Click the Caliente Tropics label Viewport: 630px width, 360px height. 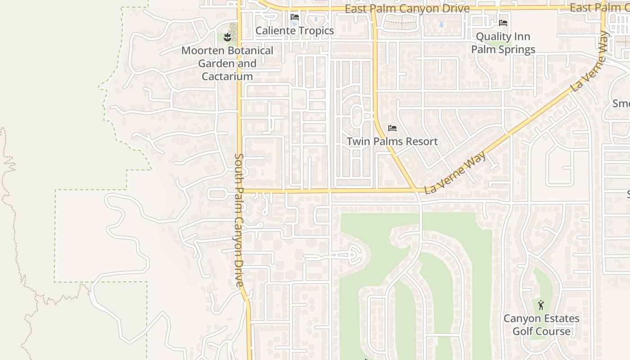pos(294,31)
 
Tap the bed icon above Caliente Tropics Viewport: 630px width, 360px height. pos(295,17)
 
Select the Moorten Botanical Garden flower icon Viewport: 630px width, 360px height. pos(227,37)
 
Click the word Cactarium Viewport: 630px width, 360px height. pos(227,76)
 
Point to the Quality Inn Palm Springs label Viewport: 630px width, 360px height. pos(503,43)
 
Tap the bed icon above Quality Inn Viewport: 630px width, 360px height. pos(503,22)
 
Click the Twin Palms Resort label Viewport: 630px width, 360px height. pos(392,141)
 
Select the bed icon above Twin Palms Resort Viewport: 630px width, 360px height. pos(392,128)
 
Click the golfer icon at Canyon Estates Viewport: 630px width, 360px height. pos(541,305)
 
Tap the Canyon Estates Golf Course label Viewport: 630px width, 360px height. pos(541,325)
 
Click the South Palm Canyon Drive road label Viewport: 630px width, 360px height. pos(239,220)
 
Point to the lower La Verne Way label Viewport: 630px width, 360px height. pos(455,173)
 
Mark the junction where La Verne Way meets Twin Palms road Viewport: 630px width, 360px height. pos(414,189)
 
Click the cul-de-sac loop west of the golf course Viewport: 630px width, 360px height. pos(353,255)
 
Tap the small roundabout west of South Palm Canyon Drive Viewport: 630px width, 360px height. pos(213,194)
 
